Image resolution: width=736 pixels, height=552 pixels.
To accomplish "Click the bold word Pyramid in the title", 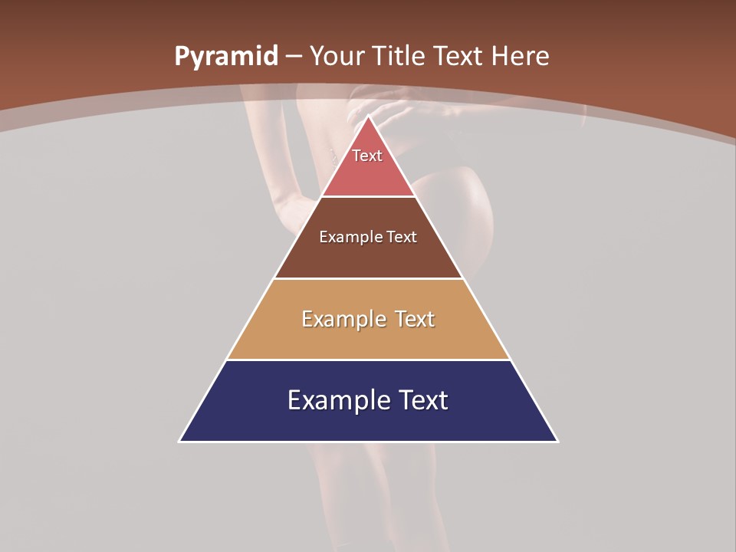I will [x=225, y=57].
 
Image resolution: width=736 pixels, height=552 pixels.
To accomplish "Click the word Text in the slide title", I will [x=459, y=56].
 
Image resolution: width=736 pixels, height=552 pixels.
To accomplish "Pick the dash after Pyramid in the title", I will [x=294, y=57].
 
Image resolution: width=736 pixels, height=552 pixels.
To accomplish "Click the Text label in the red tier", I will [x=367, y=156].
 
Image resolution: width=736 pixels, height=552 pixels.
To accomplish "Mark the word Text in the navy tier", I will [x=421, y=400].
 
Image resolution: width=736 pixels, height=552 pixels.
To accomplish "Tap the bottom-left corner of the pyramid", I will [x=180, y=441].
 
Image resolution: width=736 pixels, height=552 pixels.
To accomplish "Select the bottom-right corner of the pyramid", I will [x=557, y=441].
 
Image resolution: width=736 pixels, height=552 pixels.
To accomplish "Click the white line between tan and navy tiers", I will [x=369, y=360].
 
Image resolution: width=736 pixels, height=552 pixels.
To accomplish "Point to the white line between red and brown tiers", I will [x=369, y=196].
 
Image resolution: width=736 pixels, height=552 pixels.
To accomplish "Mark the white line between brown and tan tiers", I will [x=369, y=278].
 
